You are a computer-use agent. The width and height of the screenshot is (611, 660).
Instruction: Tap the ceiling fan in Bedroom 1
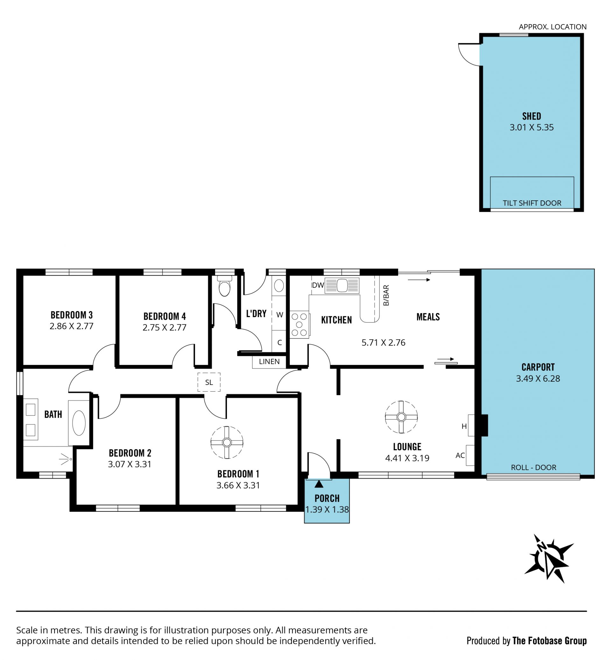click(x=227, y=442)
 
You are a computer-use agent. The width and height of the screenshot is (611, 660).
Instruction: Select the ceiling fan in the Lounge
click(x=401, y=417)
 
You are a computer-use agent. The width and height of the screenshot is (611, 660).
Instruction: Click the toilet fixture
click(x=224, y=287)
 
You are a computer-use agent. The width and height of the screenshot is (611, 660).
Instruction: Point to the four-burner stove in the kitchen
click(x=299, y=324)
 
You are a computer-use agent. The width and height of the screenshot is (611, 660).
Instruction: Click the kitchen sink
click(x=342, y=286)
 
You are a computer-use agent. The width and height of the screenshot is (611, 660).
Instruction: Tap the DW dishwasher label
click(x=318, y=285)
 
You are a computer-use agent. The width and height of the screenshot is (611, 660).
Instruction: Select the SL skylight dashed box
click(x=209, y=382)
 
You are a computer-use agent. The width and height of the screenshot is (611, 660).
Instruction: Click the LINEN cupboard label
click(x=269, y=362)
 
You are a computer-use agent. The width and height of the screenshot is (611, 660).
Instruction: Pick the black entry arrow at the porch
click(x=319, y=484)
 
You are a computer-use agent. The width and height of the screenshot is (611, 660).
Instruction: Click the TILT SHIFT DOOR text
click(x=532, y=203)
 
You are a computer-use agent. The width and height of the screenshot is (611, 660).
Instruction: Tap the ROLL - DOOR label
click(x=534, y=467)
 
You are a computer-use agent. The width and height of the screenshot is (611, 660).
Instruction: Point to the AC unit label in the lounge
click(x=460, y=455)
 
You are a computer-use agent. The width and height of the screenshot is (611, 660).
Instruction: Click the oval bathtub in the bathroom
click(x=79, y=423)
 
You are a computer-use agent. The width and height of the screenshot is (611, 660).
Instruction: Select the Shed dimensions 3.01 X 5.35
click(x=532, y=127)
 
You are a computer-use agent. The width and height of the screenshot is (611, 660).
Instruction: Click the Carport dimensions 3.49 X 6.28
click(x=538, y=379)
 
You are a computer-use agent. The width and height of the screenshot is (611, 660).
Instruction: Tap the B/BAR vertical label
click(x=386, y=295)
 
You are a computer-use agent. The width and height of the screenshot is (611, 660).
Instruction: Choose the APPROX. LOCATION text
click(x=552, y=27)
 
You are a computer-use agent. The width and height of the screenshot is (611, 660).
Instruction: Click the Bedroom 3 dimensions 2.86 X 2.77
click(x=71, y=326)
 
